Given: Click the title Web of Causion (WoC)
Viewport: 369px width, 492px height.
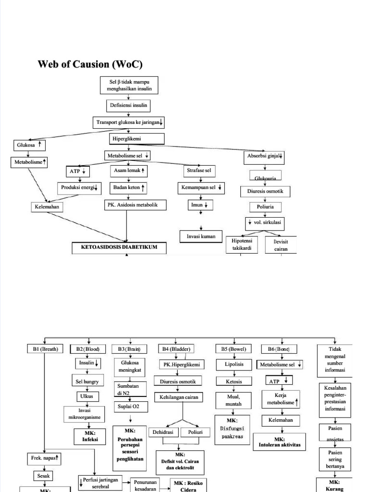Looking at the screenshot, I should [90, 64].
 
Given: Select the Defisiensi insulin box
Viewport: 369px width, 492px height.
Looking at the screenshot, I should [128, 105].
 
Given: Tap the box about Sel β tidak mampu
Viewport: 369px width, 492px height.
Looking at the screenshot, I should [128, 86].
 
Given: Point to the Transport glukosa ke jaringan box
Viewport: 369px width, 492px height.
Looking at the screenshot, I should [129, 123].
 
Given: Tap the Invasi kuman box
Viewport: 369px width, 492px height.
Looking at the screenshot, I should [201, 236].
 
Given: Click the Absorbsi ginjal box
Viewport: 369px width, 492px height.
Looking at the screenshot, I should [265, 156].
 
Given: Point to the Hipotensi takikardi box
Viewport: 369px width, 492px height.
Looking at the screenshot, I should [242, 245].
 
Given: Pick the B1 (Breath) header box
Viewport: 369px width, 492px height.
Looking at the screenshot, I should [44, 349].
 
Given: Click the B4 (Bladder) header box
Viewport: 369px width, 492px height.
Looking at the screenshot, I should [176, 349].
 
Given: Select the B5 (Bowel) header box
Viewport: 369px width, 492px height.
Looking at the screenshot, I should [233, 349].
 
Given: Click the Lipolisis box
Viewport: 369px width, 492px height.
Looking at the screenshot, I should [233, 365].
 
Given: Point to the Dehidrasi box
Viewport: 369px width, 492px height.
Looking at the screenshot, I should [163, 432].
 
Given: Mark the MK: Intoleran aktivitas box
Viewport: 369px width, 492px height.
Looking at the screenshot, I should [280, 442].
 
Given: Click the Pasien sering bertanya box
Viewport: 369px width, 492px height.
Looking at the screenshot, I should [335, 459].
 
